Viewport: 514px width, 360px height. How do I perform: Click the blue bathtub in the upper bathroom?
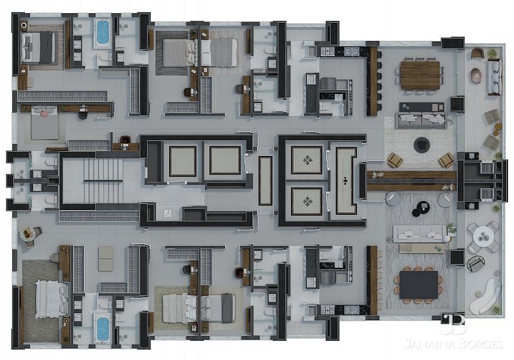pyautogui.click(x=103, y=33)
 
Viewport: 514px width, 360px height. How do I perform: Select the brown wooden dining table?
pyautogui.click(x=420, y=76)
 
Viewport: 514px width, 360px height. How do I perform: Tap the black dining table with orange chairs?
pyautogui.click(x=419, y=284)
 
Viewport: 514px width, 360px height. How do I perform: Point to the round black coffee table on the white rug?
pyautogui.click(x=422, y=145)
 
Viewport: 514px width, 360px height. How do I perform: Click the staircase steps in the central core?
pyautogui.click(x=103, y=181)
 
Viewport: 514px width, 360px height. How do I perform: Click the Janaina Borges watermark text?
pyautogui.click(x=453, y=344)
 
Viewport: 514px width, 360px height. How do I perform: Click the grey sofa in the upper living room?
pyautogui.click(x=422, y=120)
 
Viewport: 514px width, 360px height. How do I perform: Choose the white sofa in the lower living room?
pyautogui.click(x=420, y=233)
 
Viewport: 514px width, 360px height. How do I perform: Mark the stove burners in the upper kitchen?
pyautogui.click(x=327, y=51)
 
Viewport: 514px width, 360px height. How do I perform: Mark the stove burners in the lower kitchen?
pyautogui.click(x=327, y=310)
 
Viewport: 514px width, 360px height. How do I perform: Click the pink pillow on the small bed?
pyautogui.click(x=44, y=113)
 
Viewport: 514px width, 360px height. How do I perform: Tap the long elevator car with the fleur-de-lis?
pyautogui.click(x=346, y=181)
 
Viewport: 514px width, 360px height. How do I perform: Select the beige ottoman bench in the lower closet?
pyautogui.click(x=106, y=259)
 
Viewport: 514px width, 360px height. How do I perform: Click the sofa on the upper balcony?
pyautogui.click(x=495, y=77)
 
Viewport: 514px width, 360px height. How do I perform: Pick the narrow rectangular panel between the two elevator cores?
pyautogui.click(x=265, y=181)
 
